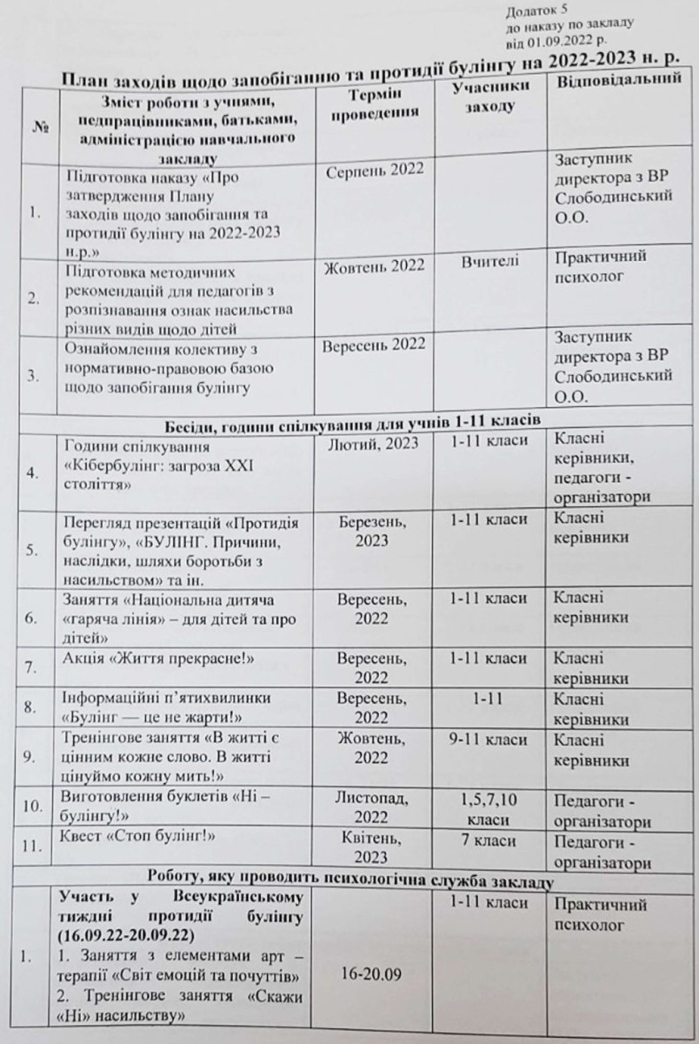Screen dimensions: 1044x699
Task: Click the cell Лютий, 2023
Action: [376, 443]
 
